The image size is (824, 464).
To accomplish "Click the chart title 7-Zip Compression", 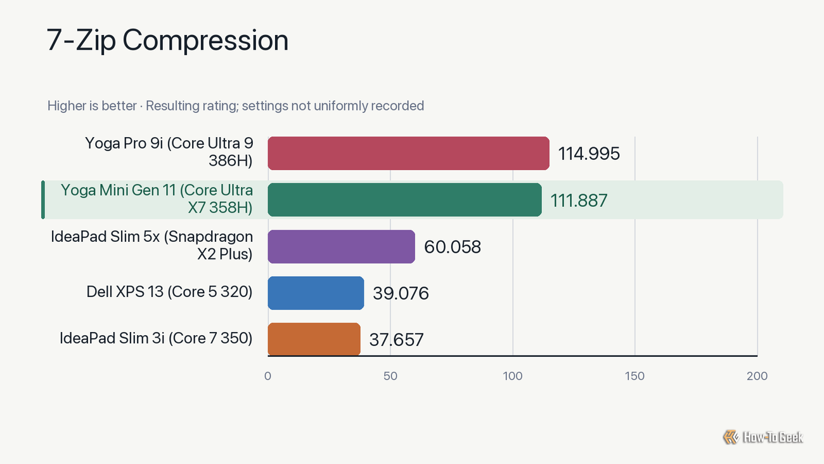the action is [x=167, y=41].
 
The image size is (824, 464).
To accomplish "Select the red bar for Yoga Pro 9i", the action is [x=409, y=153].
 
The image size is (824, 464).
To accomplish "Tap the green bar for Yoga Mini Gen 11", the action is [x=404, y=199].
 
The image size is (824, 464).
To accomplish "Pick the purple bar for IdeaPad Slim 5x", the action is [x=342, y=246].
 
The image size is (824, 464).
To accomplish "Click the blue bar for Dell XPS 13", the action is [x=316, y=293].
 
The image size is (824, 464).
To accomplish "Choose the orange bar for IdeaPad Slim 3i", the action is [x=314, y=339].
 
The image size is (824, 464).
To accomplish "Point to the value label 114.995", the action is [x=589, y=154].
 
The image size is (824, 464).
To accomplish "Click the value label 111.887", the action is [x=579, y=201].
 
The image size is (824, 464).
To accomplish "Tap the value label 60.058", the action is [x=453, y=247].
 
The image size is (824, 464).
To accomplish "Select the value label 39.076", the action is [x=401, y=293].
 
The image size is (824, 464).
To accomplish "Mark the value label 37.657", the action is [x=397, y=340].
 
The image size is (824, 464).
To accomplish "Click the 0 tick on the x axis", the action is [x=267, y=376].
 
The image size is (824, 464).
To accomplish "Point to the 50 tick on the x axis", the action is [x=390, y=376].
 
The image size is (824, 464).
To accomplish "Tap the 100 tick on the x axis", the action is [x=513, y=376].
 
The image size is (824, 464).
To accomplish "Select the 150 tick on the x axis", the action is [x=635, y=376].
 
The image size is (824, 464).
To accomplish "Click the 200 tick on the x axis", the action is [x=757, y=376].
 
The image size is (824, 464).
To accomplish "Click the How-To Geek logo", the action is [x=763, y=437].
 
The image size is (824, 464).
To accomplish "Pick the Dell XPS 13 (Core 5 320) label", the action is [x=170, y=291].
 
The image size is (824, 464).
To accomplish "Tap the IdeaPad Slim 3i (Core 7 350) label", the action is [x=156, y=338].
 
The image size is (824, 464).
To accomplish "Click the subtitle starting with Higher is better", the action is [x=236, y=106].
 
